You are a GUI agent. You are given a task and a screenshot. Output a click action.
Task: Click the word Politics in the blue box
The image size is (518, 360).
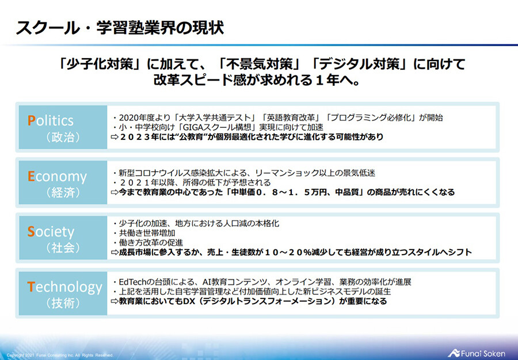(x=51, y=120)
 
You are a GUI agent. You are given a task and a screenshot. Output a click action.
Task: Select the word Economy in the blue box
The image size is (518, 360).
(x=57, y=176)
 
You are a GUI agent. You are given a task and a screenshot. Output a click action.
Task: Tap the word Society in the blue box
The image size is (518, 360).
(x=51, y=232)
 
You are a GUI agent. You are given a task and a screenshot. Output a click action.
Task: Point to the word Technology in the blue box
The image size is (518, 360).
(x=64, y=286)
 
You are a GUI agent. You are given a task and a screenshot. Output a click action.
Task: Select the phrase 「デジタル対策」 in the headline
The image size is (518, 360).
(x=352, y=64)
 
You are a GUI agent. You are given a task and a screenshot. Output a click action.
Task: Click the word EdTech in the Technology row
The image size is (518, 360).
(x=133, y=282)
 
